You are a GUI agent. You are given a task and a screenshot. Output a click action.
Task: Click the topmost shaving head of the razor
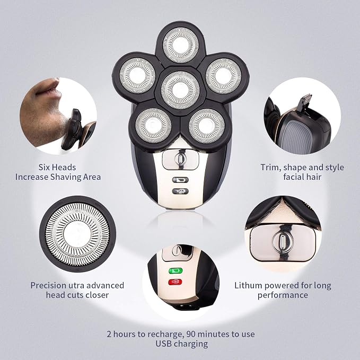181,45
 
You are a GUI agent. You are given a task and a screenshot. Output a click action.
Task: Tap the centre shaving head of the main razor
180,90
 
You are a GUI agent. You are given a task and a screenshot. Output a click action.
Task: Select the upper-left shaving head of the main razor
137,75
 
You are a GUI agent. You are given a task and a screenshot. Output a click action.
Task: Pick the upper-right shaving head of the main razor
223,76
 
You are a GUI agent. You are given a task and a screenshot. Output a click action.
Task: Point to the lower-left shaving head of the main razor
153,126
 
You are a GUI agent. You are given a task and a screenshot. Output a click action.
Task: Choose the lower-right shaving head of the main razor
207,126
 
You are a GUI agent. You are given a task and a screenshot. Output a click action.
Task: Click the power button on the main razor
180,159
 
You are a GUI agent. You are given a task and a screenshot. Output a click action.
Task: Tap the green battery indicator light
175,271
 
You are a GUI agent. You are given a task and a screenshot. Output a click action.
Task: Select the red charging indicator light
175,282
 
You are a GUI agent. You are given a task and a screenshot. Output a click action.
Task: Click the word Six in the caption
45,167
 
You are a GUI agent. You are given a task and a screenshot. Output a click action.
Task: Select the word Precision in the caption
48,285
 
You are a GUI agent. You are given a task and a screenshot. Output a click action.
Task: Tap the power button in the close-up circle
283,242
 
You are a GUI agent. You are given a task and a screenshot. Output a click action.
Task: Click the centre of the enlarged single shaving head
77,234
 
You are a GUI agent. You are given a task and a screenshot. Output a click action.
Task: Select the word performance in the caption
283,295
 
